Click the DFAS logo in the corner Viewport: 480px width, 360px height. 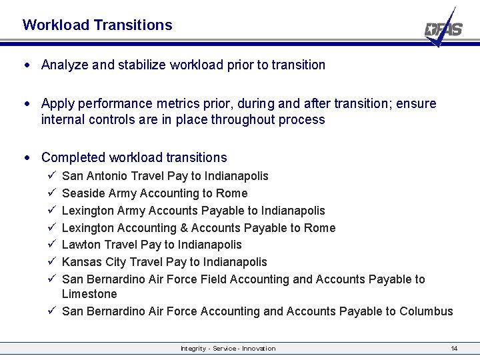[x=443, y=28]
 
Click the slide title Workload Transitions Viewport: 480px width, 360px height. [x=97, y=25]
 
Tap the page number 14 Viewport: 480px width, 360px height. [x=454, y=349]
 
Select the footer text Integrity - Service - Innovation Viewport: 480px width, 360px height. [x=228, y=349]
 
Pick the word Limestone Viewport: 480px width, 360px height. [x=89, y=294]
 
